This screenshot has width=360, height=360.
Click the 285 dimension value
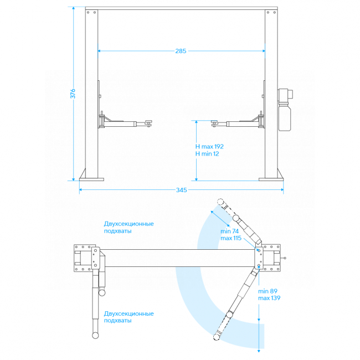pos(181,51)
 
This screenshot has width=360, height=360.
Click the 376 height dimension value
pos(73,94)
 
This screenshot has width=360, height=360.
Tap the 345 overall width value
pos(181,190)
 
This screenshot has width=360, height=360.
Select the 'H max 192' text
pos(209,146)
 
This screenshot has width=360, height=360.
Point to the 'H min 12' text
pos(207,154)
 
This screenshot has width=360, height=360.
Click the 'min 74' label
pos(230,231)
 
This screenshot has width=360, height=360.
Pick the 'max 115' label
pos(231,238)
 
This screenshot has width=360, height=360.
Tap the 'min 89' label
pos(268,291)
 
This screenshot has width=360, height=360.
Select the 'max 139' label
pos(269,298)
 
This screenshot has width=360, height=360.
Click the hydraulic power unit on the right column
pos(285,110)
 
